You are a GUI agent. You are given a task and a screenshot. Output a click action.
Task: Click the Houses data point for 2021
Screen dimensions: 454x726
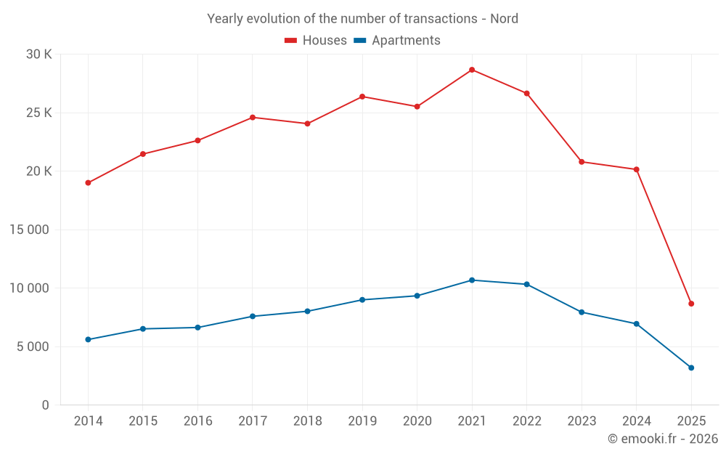click(472, 70)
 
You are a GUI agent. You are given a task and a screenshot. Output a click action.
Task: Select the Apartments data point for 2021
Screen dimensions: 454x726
click(472, 280)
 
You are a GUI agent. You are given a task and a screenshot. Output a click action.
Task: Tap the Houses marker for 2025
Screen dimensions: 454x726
click(691, 304)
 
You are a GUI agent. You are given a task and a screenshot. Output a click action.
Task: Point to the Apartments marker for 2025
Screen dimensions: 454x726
click(691, 368)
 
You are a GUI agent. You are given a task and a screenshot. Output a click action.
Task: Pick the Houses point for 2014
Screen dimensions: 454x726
click(88, 183)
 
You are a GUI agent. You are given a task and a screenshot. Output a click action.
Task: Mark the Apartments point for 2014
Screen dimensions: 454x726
click(88, 339)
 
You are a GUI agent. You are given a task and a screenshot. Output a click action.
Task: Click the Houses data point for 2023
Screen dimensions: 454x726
click(582, 162)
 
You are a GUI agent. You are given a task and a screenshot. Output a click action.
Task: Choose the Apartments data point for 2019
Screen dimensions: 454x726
click(362, 300)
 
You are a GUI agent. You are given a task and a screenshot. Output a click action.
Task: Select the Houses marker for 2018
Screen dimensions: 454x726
click(307, 123)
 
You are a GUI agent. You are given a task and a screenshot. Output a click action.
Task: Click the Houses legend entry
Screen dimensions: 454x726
click(316, 41)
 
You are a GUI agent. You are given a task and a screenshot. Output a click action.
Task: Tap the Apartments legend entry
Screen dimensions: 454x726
click(397, 41)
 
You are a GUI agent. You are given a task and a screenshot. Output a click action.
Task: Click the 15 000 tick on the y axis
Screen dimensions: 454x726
click(28, 230)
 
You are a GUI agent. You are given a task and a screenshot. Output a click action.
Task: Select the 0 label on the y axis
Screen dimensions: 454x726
click(45, 405)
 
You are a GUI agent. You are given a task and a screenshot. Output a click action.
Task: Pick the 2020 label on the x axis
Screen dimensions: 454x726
click(417, 421)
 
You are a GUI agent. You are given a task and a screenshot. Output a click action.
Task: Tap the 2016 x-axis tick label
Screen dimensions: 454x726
click(197, 421)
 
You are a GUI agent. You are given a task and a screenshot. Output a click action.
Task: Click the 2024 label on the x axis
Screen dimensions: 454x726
click(636, 421)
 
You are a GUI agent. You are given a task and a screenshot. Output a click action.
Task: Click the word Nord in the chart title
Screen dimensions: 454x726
click(504, 19)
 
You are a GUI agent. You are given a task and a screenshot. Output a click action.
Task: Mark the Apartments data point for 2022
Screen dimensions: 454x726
click(526, 284)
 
